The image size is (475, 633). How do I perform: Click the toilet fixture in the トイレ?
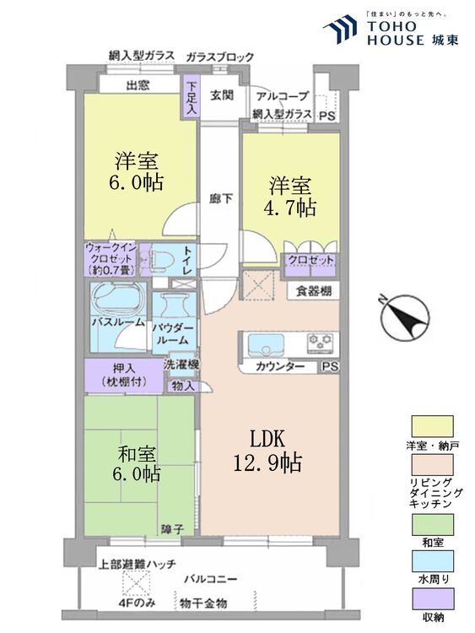[x=165, y=257]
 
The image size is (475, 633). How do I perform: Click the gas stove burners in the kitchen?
[x=321, y=344]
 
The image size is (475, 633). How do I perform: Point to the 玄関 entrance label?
[x=222, y=95]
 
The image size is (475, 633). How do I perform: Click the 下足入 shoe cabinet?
[x=192, y=95]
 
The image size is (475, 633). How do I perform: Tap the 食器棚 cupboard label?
[x=312, y=291]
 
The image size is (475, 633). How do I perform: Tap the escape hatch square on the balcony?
[x=135, y=583]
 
